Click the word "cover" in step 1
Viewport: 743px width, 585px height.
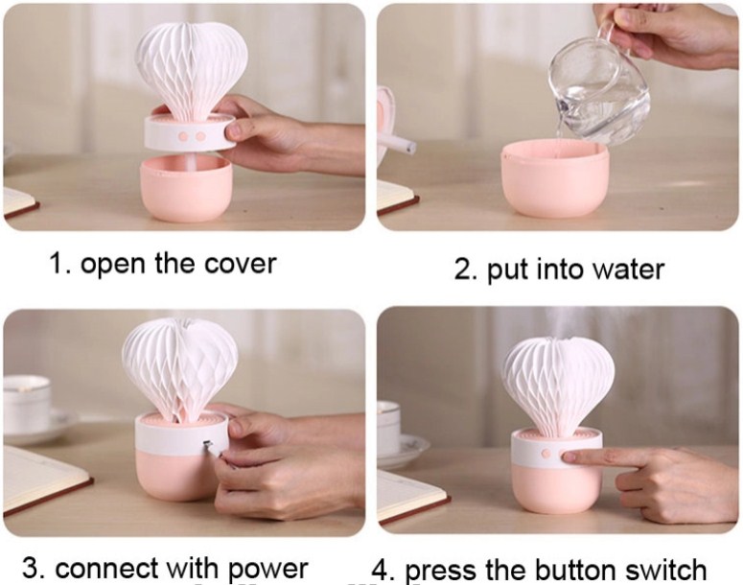(x=240, y=265)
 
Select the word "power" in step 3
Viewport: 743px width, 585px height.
(x=268, y=570)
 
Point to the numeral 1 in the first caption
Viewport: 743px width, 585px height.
(x=57, y=264)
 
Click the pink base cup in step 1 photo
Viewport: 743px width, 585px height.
(x=186, y=188)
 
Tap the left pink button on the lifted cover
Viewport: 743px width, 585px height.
(x=183, y=136)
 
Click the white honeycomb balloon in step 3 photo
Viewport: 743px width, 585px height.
(x=179, y=365)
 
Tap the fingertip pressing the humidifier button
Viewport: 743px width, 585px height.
(x=569, y=457)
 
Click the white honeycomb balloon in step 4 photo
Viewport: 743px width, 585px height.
(x=559, y=383)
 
